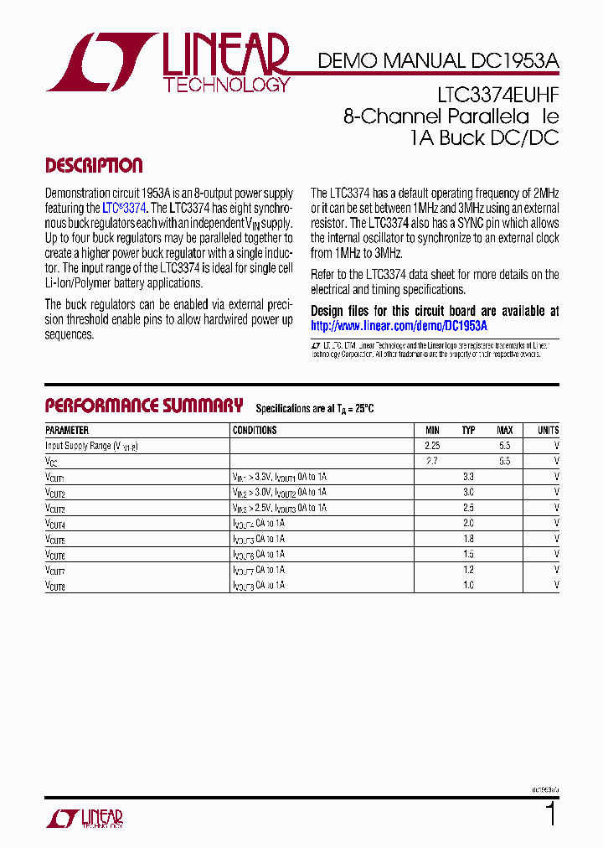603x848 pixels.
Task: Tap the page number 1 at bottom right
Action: point(550,814)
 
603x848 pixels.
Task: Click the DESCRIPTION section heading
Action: point(94,165)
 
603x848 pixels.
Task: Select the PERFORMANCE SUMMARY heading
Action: point(143,406)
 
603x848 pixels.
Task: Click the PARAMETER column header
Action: point(68,430)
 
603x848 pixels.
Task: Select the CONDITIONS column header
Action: point(255,430)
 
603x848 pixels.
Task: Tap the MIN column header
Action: point(431,430)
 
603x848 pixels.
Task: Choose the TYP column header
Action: point(468,430)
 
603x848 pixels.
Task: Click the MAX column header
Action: point(504,430)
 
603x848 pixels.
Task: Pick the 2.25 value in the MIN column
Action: point(431,447)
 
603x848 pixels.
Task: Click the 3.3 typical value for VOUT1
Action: point(468,476)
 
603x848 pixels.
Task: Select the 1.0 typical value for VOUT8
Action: point(468,585)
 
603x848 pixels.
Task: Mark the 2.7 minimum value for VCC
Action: point(431,461)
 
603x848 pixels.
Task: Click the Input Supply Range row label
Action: point(91,447)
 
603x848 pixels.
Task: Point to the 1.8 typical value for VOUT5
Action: point(468,538)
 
